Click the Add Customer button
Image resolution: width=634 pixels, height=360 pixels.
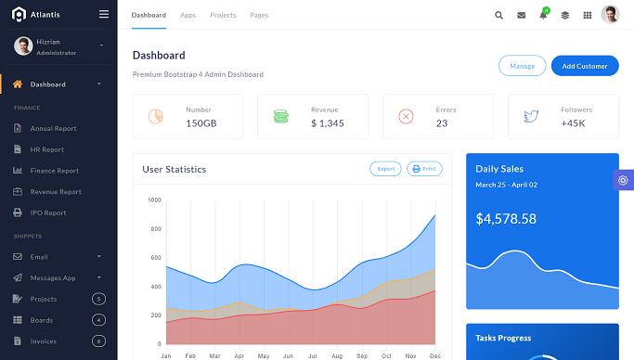click(x=585, y=66)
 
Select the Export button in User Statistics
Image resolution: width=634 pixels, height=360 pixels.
click(x=385, y=169)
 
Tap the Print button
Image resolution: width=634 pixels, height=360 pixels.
click(x=424, y=169)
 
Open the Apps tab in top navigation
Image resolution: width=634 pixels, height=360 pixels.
click(x=188, y=15)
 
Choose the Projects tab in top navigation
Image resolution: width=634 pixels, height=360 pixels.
click(x=223, y=15)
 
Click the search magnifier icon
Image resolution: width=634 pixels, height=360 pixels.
click(x=498, y=15)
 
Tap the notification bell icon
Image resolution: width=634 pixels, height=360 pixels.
click(x=543, y=15)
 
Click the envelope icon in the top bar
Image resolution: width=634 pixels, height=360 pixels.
click(x=521, y=15)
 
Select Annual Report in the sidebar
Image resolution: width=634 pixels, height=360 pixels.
click(x=53, y=128)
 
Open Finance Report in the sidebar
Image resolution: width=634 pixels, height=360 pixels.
click(x=55, y=171)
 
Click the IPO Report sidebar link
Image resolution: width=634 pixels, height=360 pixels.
click(x=48, y=212)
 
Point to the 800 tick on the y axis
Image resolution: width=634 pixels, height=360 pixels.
click(x=154, y=228)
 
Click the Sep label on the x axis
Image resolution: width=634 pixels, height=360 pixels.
click(x=361, y=355)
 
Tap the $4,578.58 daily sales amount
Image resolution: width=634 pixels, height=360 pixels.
click(x=506, y=219)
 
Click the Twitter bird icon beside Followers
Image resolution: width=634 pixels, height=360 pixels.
click(x=531, y=116)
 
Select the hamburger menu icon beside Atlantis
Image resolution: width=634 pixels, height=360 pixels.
click(x=103, y=14)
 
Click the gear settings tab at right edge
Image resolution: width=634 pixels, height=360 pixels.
click(x=623, y=180)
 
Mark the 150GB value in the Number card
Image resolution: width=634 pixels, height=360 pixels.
click(x=201, y=122)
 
